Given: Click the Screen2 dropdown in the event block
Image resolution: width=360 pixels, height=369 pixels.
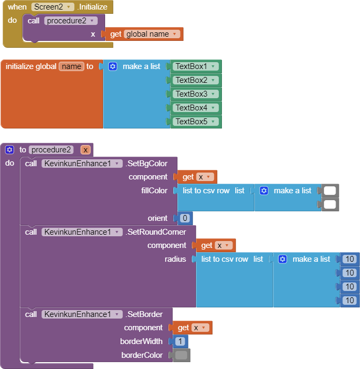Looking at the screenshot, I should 53,7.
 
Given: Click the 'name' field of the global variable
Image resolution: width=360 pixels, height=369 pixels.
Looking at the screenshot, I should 72,66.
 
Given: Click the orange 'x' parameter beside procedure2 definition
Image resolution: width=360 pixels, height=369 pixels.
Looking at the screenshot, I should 85,150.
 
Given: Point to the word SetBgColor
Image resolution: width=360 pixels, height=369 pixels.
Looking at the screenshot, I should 147,163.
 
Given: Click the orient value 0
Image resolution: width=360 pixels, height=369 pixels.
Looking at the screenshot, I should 185,218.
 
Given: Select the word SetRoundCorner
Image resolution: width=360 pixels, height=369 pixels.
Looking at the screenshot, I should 156,232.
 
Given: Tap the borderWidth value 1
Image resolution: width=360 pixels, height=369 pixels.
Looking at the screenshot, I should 181,341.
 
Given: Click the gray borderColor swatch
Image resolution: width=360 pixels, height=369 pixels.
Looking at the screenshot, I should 182,355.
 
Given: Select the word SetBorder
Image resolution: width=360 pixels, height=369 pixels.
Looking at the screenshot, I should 144,314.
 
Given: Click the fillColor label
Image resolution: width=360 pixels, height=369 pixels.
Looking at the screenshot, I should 155,191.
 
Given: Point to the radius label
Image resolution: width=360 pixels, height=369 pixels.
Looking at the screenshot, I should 175,259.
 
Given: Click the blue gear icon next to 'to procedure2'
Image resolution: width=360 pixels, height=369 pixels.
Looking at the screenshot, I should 10,150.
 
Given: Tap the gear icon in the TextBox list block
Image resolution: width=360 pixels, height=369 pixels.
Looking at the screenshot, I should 113,66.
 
